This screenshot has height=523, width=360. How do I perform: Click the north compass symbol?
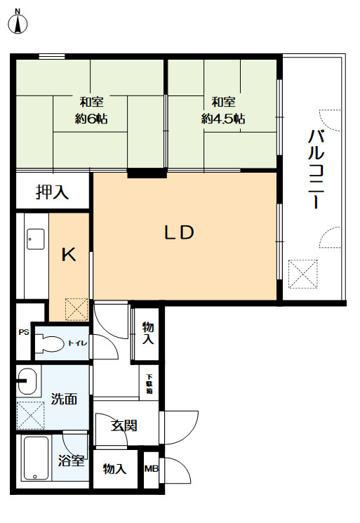[18, 22]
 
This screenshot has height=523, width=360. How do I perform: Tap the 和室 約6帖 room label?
[91, 110]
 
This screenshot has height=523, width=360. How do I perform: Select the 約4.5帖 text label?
[223, 119]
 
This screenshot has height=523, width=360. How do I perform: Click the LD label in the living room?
[180, 232]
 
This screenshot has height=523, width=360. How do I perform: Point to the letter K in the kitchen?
[69, 255]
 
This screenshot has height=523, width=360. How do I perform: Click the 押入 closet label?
[53, 192]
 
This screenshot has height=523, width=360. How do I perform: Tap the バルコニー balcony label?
[316, 169]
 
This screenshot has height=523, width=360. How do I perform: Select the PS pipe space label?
[24, 332]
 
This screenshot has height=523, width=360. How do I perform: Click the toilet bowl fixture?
[50, 343]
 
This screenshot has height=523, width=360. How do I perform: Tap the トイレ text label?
[77, 343]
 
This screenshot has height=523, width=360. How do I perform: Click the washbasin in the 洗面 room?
[27, 381]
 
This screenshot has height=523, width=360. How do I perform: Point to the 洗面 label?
[64, 399]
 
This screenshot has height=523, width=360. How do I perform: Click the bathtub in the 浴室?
[36, 458]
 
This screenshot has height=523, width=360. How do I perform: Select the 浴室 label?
[71, 461]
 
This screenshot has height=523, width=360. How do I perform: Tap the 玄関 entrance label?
[124, 425]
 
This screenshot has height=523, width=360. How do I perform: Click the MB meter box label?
[152, 469]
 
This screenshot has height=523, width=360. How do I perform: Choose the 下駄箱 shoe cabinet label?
[149, 384]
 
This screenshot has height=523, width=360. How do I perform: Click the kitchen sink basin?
[35, 239]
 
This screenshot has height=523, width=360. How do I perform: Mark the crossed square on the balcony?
[302, 274]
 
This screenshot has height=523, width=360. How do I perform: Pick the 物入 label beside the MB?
[114, 469]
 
